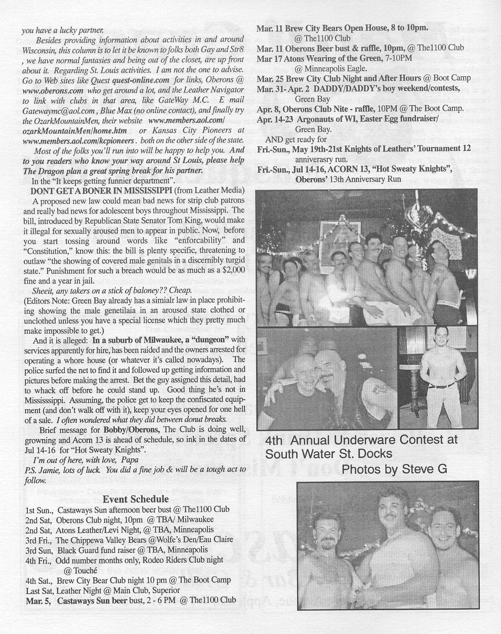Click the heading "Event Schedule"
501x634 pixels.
[x=136, y=499]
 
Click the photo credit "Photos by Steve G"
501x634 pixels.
[x=394, y=469]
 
